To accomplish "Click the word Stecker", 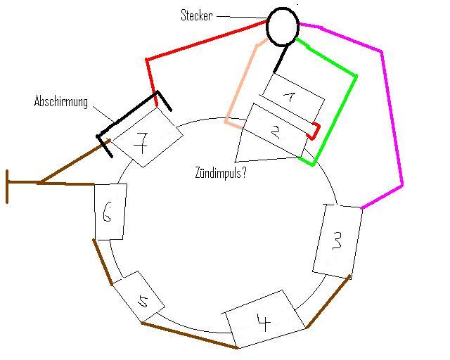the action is click(x=197, y=15).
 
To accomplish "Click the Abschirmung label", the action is click(x=61, y=102).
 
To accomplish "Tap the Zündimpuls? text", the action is click(x=220, y=172).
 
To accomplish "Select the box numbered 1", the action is click(x=294, y=97).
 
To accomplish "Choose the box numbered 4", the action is click(x=264, y=319).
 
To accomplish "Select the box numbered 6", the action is click(x=110, y=212).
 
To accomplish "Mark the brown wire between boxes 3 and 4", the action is click(x=328, y=302).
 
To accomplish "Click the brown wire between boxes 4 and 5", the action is click(x=189, y=335).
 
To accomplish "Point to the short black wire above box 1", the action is click(x=281, y=59).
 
